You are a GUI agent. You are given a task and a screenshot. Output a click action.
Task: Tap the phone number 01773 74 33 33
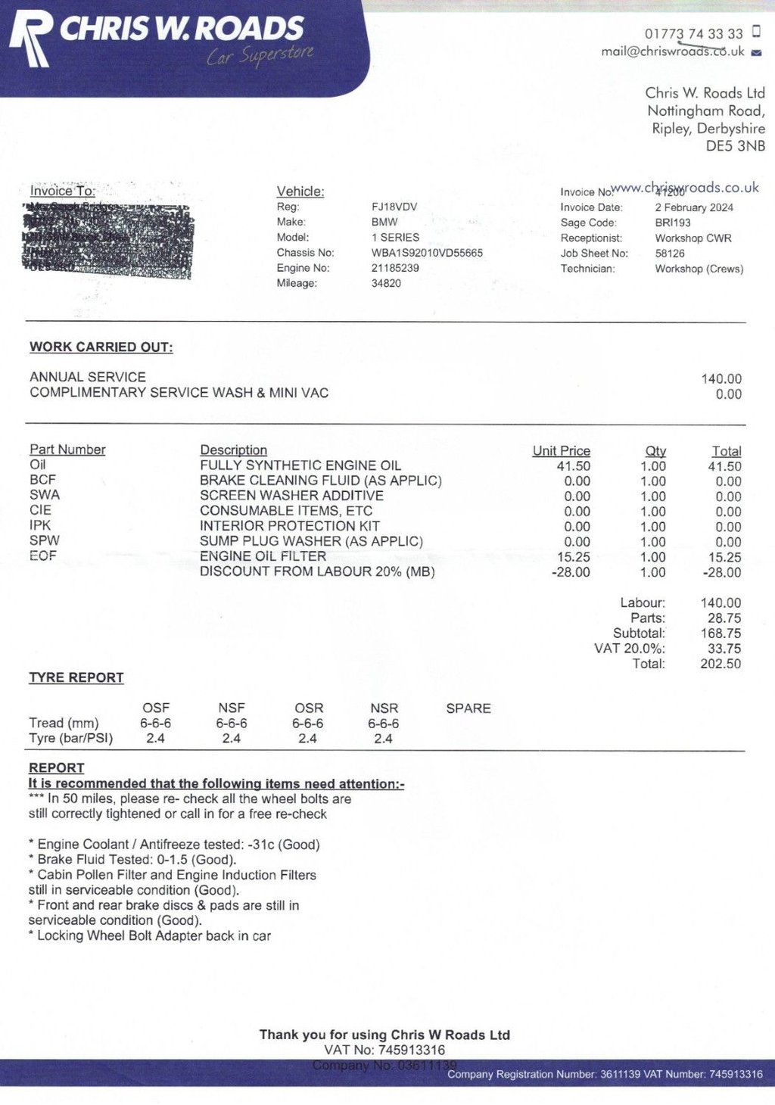(x=693, y=34)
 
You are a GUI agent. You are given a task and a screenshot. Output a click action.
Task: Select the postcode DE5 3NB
(x=735, y=146)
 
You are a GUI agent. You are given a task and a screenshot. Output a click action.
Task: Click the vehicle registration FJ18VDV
(x=394, y=207)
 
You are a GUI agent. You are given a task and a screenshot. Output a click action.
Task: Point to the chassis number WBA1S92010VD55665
(x=427, y=253)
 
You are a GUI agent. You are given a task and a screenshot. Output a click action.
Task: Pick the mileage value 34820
(x=386, y=283)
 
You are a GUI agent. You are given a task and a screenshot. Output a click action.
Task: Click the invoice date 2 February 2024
(x=694, y=207)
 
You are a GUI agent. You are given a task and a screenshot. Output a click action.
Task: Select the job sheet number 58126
(x=670, y=254)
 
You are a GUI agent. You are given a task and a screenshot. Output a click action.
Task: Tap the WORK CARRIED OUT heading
(x=101, y=347)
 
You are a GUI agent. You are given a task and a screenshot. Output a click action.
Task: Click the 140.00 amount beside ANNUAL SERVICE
(x=721, y=378)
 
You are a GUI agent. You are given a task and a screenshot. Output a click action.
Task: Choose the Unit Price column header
(x=561, y=450)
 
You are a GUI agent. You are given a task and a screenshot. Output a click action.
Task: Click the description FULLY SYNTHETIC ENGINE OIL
(x=300, y=465)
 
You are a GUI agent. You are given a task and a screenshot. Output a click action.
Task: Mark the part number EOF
(x=43, y=556)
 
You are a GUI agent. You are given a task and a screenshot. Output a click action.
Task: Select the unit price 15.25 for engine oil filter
(x=573, y=557)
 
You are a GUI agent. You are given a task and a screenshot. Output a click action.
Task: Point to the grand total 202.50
(x=721, y=664)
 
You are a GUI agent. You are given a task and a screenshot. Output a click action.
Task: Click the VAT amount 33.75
(x=724, y=649)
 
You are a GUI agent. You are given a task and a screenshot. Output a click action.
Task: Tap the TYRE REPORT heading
(x=76, y=678)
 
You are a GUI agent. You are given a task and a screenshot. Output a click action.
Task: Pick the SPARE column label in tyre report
(x=468, y=708)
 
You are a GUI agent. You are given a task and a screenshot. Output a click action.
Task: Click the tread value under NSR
(x=384, y=724)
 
